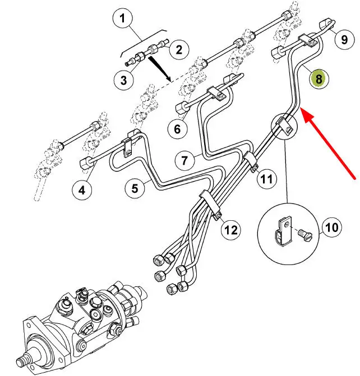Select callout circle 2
[178, 50]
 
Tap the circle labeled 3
[123, 80]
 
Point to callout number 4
[82, 190]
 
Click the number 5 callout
[135, 189]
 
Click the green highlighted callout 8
[319, 79]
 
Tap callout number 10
[331, 227]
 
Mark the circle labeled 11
[267, 179]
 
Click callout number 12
[231, 229]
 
